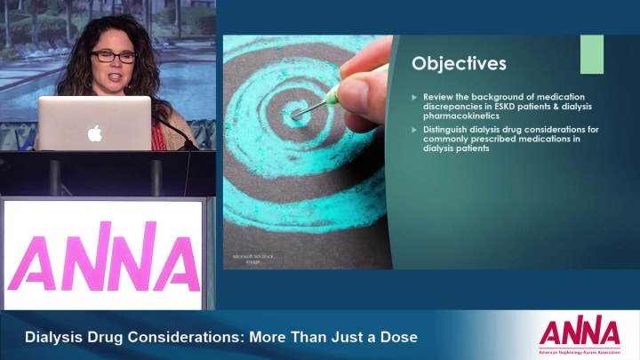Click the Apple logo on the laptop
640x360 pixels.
click(x=93, y=133)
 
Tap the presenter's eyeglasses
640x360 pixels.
click(x=114, y=56)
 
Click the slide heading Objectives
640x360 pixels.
click(x=459, y=64)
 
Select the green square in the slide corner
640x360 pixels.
click(x=591, y=54)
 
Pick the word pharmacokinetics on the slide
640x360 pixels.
click(x=461, y=116)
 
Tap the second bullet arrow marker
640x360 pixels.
click(x=415, y=131)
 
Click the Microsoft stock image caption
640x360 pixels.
click(x=252, y=259)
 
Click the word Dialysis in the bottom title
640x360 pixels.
click(x=55, y=338)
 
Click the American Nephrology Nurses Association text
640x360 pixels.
click(x=579, y=351)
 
